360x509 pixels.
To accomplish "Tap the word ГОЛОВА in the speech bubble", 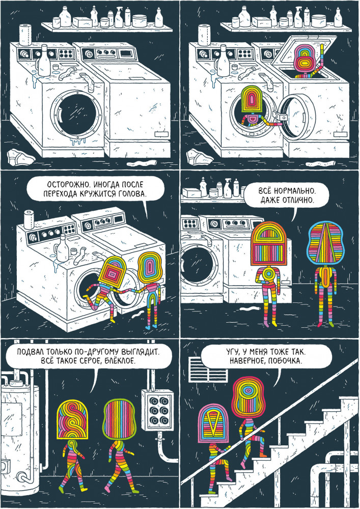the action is [132, 194].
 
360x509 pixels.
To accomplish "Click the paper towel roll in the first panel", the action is [25, 35].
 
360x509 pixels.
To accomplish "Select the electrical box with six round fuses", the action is [158, 410].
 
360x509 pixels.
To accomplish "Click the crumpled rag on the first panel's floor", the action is [20, 157].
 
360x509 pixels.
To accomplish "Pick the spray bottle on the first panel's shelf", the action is [118, 18].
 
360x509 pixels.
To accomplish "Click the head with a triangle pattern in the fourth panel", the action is [325, 242].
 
